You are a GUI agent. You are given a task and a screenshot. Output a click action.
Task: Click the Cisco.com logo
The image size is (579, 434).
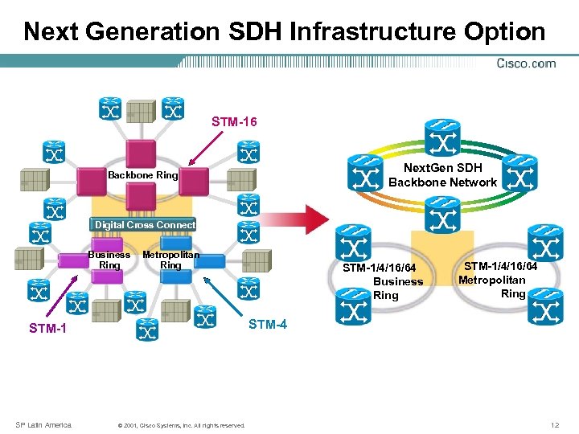[526, 63]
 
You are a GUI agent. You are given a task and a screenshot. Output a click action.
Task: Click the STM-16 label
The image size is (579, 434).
[234, 122]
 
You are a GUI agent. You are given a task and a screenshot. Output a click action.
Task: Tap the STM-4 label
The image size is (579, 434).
[268, 325]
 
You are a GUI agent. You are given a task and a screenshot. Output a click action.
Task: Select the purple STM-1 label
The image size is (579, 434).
[47, 328]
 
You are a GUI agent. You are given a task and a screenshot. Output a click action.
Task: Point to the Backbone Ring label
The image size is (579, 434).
[143, 174]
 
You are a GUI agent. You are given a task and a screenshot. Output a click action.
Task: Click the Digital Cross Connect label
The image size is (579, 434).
[145, 225]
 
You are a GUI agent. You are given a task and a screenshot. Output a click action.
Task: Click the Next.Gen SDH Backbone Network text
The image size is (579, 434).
[442, 175]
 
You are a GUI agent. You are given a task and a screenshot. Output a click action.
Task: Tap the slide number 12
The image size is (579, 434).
[554, 424]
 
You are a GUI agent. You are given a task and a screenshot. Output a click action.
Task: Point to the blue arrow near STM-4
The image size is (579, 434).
[221, 296]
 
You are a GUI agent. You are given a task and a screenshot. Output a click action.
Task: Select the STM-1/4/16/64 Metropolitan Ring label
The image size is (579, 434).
[498, 280]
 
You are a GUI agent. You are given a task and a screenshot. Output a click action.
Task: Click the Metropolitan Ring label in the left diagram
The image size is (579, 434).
[170, 260]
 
